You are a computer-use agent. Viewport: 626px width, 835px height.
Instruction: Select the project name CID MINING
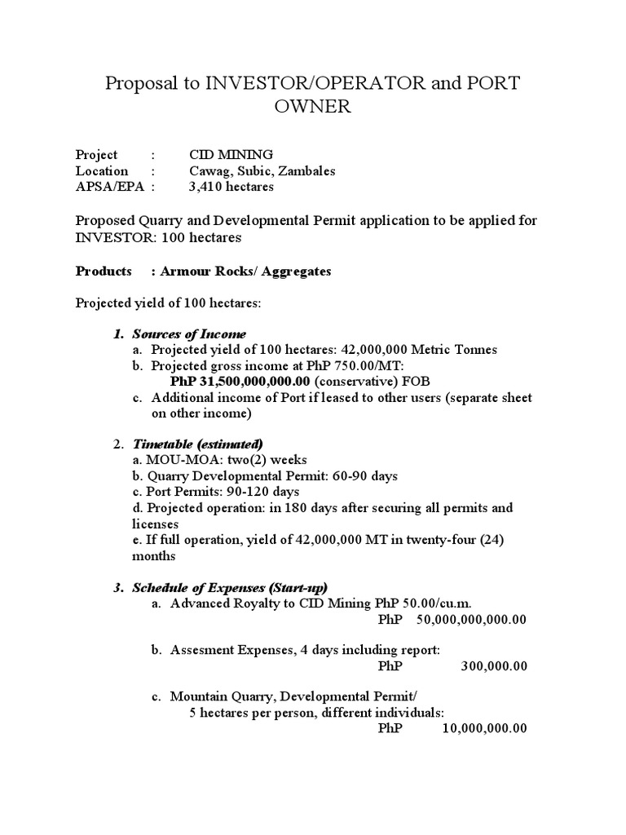[x=231, y=155]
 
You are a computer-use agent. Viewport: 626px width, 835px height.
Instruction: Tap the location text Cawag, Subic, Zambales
[x=262, y=171]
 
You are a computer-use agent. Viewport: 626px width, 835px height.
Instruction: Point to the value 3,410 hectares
[x=231, y=187]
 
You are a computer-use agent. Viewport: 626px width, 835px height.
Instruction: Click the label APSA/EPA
[x=102, y=187]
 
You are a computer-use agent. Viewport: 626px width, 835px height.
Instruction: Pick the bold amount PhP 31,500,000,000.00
[x=240, y=382]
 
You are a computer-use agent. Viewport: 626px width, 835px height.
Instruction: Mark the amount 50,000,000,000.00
[x=471, y=620]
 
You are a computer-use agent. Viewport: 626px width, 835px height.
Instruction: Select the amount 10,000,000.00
[x=484, y=728]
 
